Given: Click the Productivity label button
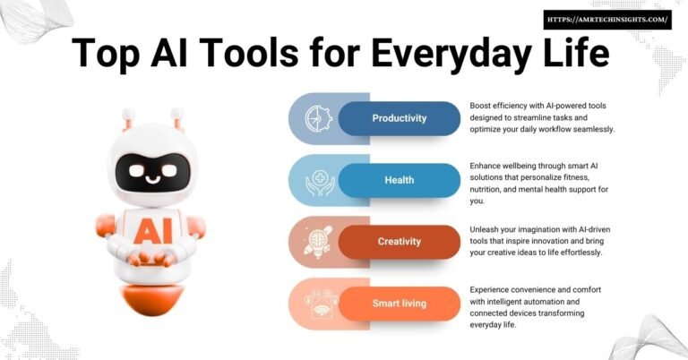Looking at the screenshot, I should pos(400,118).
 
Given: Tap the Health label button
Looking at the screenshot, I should pos(400,180).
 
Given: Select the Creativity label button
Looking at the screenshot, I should pos(400,242).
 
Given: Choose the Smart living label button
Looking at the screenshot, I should pos(400,304).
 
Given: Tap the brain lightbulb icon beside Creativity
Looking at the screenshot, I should pos(317,242).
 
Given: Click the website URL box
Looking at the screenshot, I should pos(606,20).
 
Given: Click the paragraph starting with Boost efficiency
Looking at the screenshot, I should pos(542,117).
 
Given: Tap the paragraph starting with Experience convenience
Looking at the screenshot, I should pos(537,307).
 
